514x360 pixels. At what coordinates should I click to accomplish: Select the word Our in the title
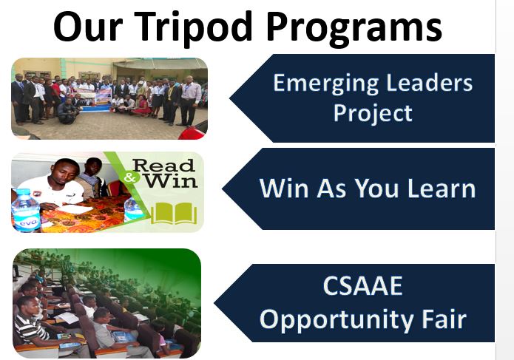point(88,26)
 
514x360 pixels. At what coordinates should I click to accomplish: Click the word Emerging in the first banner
point(325,84)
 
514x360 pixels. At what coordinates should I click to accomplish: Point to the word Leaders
point(430,83)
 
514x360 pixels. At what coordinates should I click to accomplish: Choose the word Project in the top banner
point(373,114)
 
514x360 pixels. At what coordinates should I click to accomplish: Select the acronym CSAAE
point(362,286)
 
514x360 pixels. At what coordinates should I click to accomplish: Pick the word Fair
point(444,319)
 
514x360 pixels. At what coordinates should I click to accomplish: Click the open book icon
point(174,213)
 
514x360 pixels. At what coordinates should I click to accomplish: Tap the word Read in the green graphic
point(164,166)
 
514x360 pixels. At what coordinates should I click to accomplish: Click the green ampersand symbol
point(130,177)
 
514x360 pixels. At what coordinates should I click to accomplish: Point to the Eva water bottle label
point(28,222)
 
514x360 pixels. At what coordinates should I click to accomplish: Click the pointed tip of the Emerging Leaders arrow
point(230,98)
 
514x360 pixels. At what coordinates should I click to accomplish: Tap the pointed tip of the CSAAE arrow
point(214,303)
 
